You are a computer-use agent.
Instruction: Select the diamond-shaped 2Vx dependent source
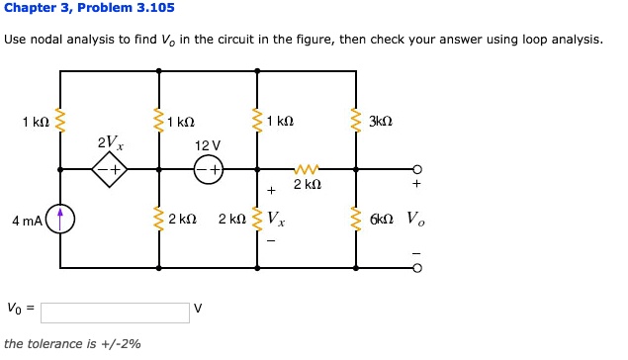pos(109,170)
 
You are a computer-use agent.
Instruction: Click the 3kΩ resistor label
pos(381,123)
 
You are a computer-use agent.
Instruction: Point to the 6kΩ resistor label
pos(382,218)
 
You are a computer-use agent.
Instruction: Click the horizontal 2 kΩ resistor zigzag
pos(307,169)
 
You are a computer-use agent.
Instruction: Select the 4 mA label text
pos(27,219)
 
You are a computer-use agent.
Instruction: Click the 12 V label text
pos(208,145)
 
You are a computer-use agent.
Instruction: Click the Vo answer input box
pos(115,312)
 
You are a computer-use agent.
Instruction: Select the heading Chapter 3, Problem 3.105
pos(89,8)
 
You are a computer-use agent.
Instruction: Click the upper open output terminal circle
pos(416,169)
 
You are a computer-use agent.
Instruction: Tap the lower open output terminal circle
pos(416,267)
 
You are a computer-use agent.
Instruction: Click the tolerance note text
pos(72,344)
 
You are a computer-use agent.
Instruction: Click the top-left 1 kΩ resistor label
pos(35,123)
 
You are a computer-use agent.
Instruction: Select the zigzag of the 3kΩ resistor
pos(356,121)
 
